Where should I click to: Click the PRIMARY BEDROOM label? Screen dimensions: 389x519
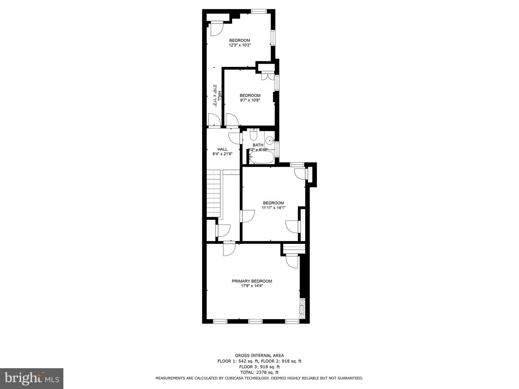[252, 281]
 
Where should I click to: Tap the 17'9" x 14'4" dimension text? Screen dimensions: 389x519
[252, 286]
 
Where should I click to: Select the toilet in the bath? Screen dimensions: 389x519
[253, 135]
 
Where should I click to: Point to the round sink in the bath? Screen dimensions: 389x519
[270, 140]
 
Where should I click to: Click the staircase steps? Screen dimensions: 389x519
[213, 194]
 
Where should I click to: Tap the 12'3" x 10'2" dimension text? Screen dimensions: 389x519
[240, 45]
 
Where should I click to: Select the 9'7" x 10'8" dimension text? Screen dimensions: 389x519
[250, 100]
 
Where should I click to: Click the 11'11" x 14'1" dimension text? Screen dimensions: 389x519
[273, 208]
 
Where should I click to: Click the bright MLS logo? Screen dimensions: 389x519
[31, 378]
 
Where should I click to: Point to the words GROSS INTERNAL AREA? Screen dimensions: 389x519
[259, 356]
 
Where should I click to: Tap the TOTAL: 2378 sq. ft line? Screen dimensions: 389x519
[259, 372]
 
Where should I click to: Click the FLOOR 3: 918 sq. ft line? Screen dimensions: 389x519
[259, 367]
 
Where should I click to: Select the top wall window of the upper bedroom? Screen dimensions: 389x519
[258, 12]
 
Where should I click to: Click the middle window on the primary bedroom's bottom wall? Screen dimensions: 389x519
[255, 321]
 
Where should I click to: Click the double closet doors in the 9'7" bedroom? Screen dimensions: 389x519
[267, 76]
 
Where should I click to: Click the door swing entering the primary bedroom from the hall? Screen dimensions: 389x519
[229, 249]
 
